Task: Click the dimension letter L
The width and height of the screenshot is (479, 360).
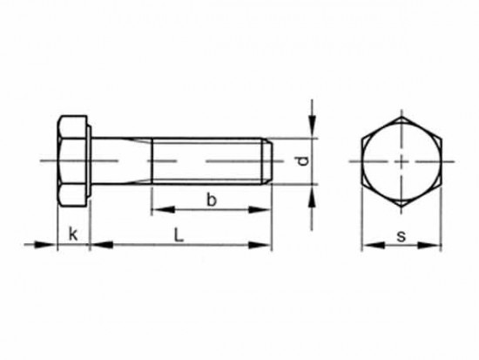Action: pos(179,234)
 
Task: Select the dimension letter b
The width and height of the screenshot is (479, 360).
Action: pos(210,200)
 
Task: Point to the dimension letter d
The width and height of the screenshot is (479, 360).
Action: pos(300,160)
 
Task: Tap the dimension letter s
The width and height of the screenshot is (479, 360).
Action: pos(401,235)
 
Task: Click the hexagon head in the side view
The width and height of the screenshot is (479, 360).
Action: pos(72,160)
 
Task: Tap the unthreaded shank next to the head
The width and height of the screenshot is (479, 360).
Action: pos(121,160)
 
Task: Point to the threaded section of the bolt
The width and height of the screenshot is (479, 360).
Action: pos(209,160)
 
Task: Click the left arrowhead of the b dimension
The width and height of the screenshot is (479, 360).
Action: pos(158,209)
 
